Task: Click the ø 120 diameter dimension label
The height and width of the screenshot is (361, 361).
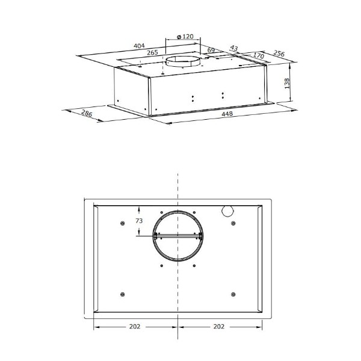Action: [x=185, y=36]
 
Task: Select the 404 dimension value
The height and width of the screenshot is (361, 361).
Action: [x=140, y=46]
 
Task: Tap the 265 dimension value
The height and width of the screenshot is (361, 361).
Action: [x=152, y=52]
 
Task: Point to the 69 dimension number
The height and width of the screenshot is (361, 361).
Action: [x=211, y=50]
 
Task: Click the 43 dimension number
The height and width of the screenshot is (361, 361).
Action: [x=233, y=48]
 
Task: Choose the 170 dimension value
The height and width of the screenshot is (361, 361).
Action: [x=259, y=55]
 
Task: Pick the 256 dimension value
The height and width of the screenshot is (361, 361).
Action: [x=279, y=54]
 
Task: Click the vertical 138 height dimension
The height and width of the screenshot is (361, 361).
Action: [x=287, y=84]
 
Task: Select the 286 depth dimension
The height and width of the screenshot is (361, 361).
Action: [x=87, y=113]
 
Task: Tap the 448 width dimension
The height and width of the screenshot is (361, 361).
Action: [x=227, y=114]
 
